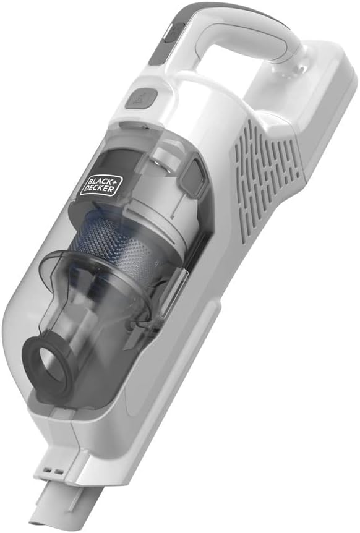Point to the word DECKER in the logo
pos(98,189)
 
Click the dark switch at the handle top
pos(173,33)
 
